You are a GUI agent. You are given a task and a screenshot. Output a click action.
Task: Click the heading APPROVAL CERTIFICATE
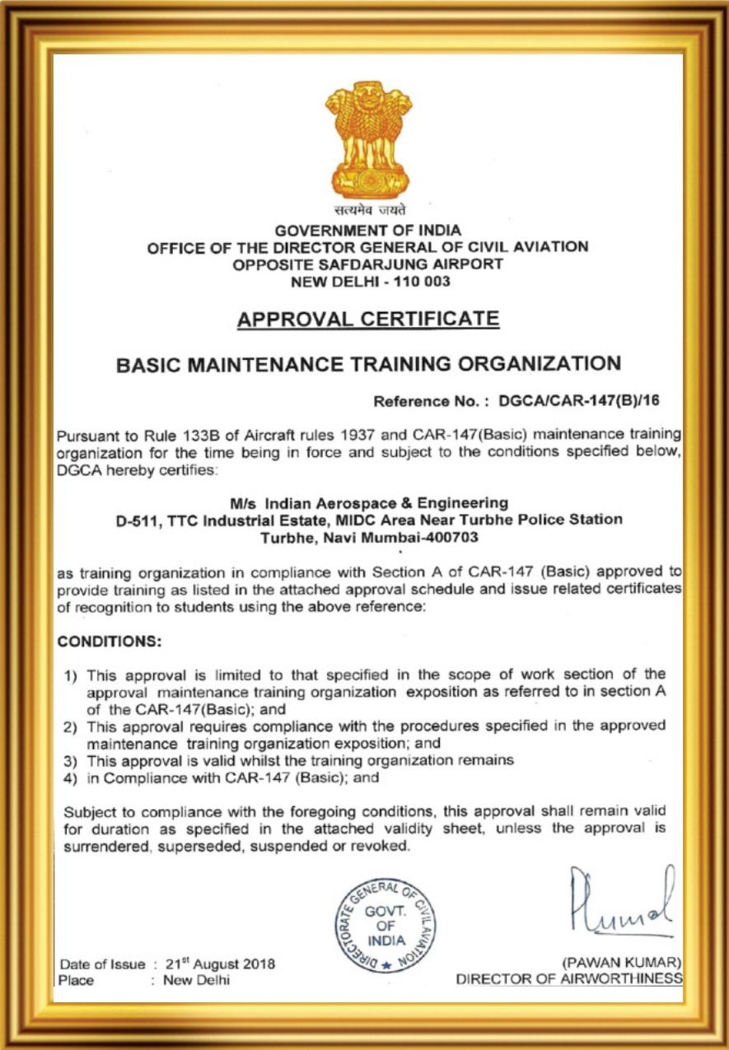click(x=367, y=319)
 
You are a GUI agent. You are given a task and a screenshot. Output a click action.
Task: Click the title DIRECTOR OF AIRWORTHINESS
click(x=569, y=978)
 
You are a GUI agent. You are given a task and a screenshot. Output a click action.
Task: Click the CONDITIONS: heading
click(x=110, y=640)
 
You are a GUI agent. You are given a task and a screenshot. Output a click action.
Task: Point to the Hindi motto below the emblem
click(x=367, y=212)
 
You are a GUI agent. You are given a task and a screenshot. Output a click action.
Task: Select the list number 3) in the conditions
click(x=72, y=761)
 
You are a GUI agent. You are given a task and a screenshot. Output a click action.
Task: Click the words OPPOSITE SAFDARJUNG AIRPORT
click(x=367, y=264)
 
